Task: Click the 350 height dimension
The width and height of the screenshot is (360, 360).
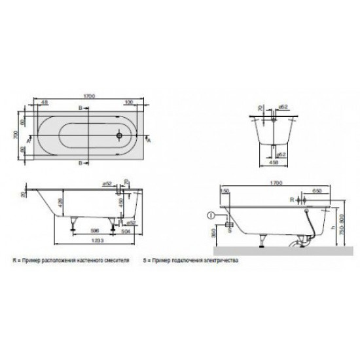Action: tap(213, 233)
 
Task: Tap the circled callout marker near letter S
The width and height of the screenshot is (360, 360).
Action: tap(211, 213)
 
